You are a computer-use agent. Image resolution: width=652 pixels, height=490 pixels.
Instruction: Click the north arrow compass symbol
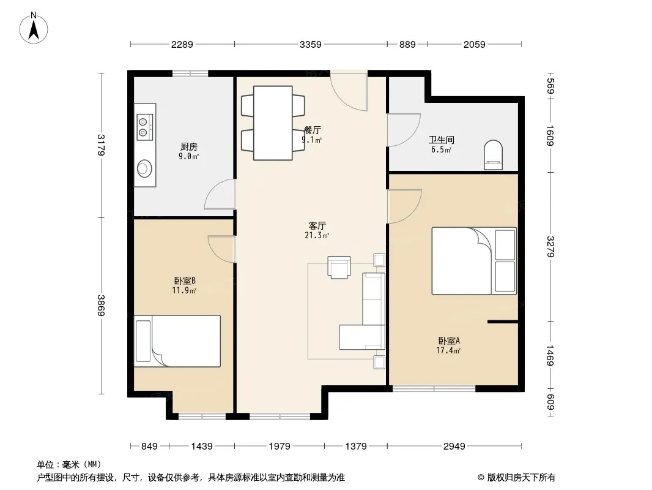pyautogui.click(x=34, y=28)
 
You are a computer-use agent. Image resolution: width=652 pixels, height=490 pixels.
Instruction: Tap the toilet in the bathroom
pyautogui.click(x=493, y=155)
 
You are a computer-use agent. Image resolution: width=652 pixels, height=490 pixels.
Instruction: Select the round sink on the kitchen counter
pyautogui.click(x=144, y=168)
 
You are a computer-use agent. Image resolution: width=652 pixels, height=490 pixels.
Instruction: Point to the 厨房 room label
pyautogui.click(x=189, y=146)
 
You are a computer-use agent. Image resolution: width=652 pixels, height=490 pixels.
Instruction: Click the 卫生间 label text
pyautogui.click(x=442, y=140)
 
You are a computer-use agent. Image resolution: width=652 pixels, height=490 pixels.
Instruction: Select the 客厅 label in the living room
pyautogui.click(x=317, y=225)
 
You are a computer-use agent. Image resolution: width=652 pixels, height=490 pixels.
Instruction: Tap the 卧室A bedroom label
pyautogui.click(x=448, y=341)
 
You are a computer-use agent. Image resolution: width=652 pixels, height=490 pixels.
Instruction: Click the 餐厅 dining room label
pyautogui.click(x=313, y=130)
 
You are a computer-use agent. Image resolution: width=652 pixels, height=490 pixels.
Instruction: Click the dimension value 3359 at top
pyautogui.click(x=311, y=44)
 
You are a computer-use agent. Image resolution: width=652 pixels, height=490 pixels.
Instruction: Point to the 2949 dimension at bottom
pyautogui.click(x=454, y=447)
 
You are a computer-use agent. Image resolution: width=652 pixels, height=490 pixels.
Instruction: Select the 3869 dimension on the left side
pyautogui.click(x=101, y=305)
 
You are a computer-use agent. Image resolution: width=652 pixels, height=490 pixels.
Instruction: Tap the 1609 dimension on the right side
pyautogui.click(x=550, y=135)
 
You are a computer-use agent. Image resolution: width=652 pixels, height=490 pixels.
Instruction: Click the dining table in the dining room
pyautogui.click(x=273, y=123)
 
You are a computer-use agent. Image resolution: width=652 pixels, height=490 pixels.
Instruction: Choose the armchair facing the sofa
pyautogui.click(x=339, y=267)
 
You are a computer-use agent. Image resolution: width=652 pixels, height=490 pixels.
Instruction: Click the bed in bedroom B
pyautogui.click(x=177, y=341)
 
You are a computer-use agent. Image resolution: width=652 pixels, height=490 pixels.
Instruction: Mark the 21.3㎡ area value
pyautogui.click(x=317, y=236)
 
